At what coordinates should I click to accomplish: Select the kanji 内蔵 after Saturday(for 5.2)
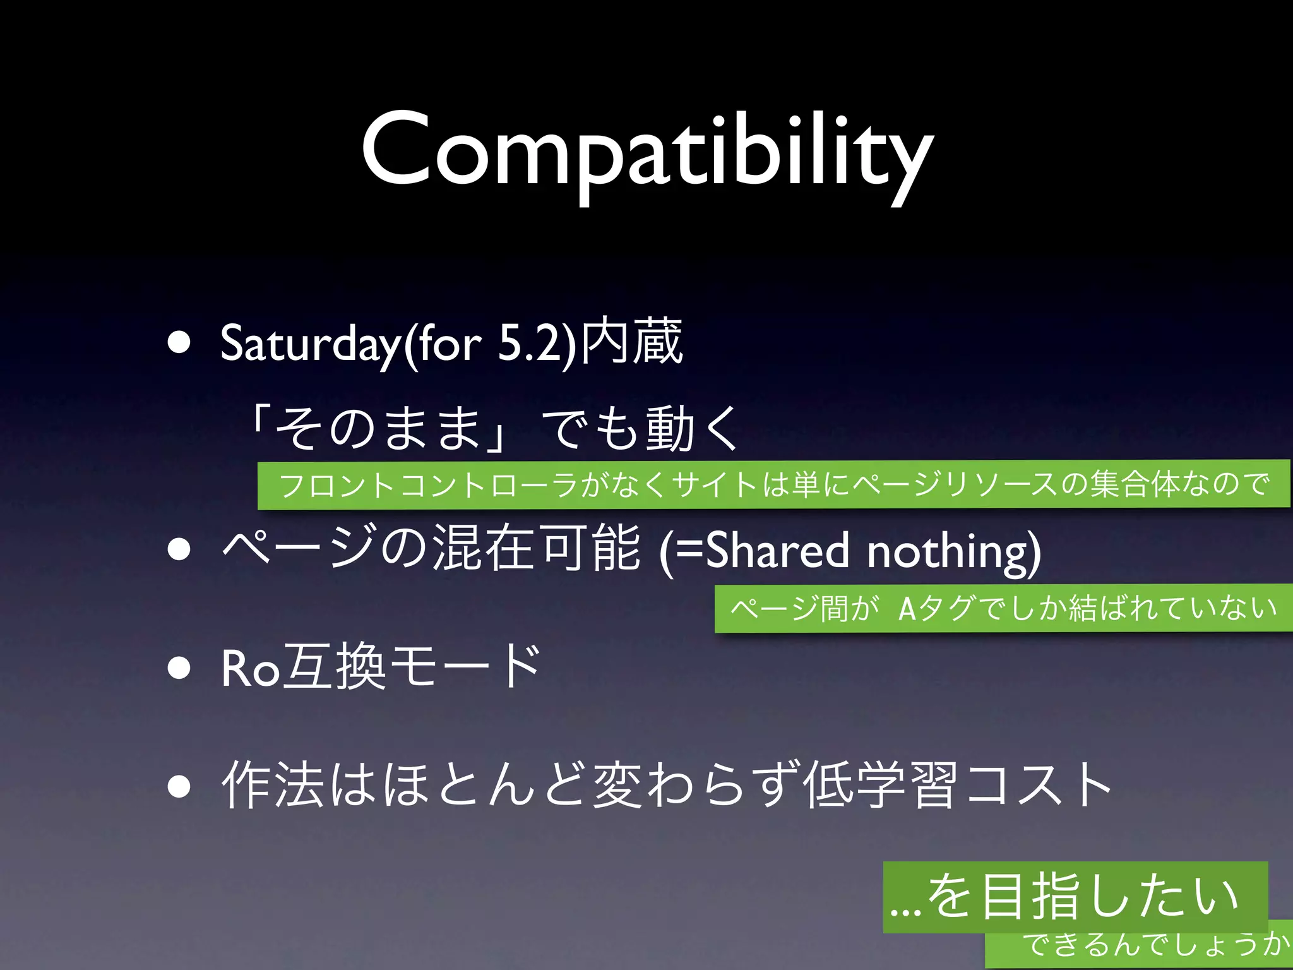(631, 342)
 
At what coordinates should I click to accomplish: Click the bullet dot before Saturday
(179, 343)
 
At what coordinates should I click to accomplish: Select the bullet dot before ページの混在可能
(179, 549)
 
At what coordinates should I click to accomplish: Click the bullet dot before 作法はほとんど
(179, 786)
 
